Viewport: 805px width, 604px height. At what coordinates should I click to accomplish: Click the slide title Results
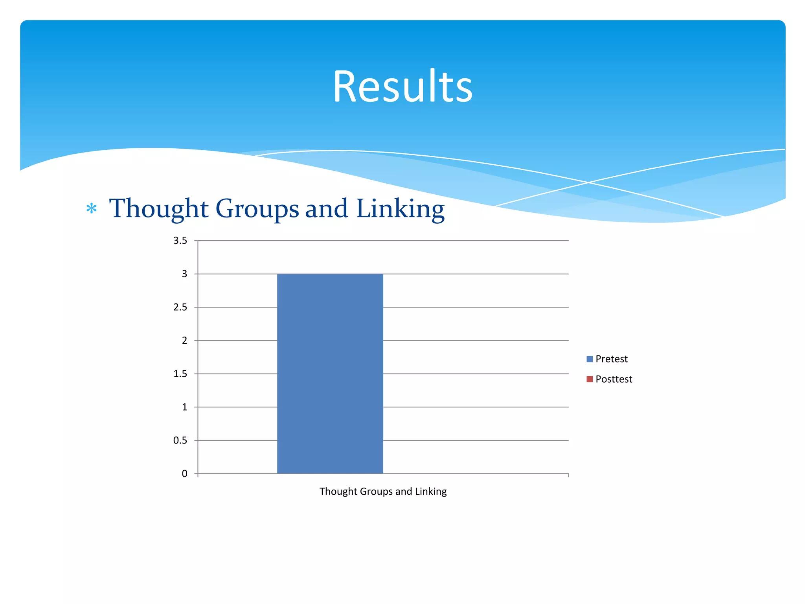pos(402,87)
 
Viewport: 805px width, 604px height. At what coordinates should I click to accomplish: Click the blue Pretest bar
pos(330,374)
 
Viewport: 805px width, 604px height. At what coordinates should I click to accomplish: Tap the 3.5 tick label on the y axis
pos(180,241)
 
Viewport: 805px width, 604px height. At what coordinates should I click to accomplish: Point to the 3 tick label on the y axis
pos(184,274)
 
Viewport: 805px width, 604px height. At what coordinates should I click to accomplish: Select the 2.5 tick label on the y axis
pos(180,307)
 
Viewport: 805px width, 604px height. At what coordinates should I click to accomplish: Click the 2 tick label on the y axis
pos(184,341)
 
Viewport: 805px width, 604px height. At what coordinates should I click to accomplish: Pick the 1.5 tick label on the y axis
pos(180,374)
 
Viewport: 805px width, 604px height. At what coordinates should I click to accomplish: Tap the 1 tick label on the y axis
pos(184,407)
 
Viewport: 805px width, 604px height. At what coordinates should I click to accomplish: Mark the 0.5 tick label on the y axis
pos(180,440)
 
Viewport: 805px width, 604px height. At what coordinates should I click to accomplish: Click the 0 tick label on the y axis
pos(184,474)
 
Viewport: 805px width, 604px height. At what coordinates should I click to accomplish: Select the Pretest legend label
pos(611,359)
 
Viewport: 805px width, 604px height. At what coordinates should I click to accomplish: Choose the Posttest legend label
pos(614,379)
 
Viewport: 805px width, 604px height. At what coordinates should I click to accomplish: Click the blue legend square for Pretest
pos(589,359)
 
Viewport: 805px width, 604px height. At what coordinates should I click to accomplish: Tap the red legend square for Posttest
pos(589,379)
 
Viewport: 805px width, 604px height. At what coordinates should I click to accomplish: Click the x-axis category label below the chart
pos(383,492)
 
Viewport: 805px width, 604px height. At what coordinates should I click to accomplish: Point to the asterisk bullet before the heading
pos(92,208)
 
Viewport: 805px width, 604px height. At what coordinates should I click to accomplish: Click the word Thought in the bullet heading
pos(158,208)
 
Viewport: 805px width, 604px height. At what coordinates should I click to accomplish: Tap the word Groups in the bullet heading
pos(257,208)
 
